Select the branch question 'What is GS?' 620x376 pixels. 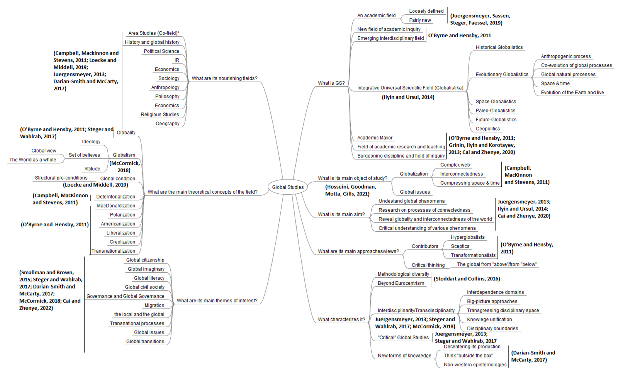pos(331,83)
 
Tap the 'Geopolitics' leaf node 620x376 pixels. pos(488,129)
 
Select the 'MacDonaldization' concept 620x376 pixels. pos(116,206)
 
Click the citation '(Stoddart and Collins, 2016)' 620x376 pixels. pos(467,279)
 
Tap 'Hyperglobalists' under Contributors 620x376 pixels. pos(467,237)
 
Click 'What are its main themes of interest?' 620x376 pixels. pos(217,301)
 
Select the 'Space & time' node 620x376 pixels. pos(555,83)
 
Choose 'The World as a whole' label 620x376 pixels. pos(33,160)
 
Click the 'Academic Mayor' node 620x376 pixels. pos(375,138)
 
